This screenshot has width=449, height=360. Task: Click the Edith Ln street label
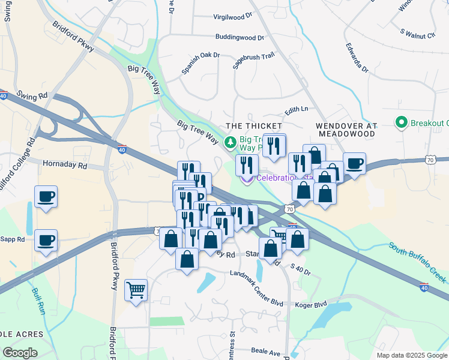pyautogui.click(x=296, y=109)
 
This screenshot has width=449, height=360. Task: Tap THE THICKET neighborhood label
pyautogui.click(x=253, y=126)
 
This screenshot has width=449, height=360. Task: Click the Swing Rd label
pyautogui.click(x=32, y=95)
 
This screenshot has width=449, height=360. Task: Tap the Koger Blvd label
pyautogui.click(x=311, y=304)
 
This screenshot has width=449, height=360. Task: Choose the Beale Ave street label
pyautogui.click(x=267, y=351)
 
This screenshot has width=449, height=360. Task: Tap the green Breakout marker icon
pyautogui.click(x=402, y=123)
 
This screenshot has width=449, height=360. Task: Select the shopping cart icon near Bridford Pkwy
pyautogui.click(x=136, y=290)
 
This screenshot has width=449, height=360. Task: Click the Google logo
pyautogui.click(x=20, y=353)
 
